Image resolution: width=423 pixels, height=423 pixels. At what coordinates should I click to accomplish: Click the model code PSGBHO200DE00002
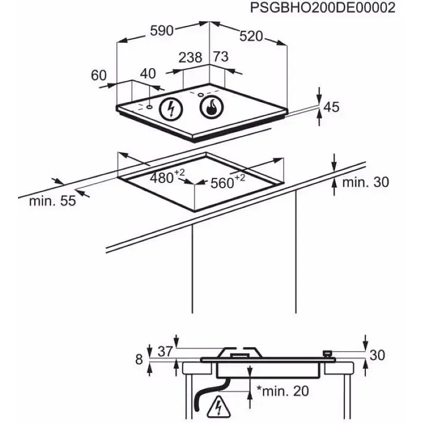(x=323, y=8)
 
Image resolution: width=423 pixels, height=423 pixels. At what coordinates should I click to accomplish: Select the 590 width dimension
(x=162, y=31)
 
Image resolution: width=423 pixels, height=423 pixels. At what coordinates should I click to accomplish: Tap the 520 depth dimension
(x=251, y=36)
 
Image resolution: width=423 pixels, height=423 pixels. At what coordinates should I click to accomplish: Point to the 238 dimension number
(x=190, y=57)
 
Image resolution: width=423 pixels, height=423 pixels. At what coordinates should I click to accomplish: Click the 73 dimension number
(x=221, y=57)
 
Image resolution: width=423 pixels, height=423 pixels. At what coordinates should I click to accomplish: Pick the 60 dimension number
(x=99, y=75)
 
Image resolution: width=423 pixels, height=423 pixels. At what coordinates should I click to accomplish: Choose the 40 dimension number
(x=148, y=73)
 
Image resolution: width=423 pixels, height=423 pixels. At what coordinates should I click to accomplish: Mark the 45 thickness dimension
(x=332, y=107)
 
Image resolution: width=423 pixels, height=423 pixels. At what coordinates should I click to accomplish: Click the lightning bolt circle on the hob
(x=171, y=109)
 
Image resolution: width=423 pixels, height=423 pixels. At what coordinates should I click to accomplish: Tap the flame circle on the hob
(x=212, y=107)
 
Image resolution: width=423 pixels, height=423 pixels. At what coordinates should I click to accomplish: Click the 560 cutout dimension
(x=228, y=182)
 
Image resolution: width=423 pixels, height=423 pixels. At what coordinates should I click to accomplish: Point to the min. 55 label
(x=52, y=201)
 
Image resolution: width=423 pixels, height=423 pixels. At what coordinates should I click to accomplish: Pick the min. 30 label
(x=365, y=182)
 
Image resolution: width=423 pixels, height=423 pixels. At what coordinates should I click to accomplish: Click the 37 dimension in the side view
(x=165, y=351)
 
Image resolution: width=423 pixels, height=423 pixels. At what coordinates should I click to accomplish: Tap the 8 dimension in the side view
(x=139, y=360)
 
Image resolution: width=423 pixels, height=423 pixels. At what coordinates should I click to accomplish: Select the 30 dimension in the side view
(x=377, y=355)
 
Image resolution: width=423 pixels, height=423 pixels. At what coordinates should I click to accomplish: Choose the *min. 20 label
(x=283, y=391)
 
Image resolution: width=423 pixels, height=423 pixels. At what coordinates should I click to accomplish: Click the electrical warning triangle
(x=219, y=406)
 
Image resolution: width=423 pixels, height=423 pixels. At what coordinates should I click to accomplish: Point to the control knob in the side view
(x=327, y=353)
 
